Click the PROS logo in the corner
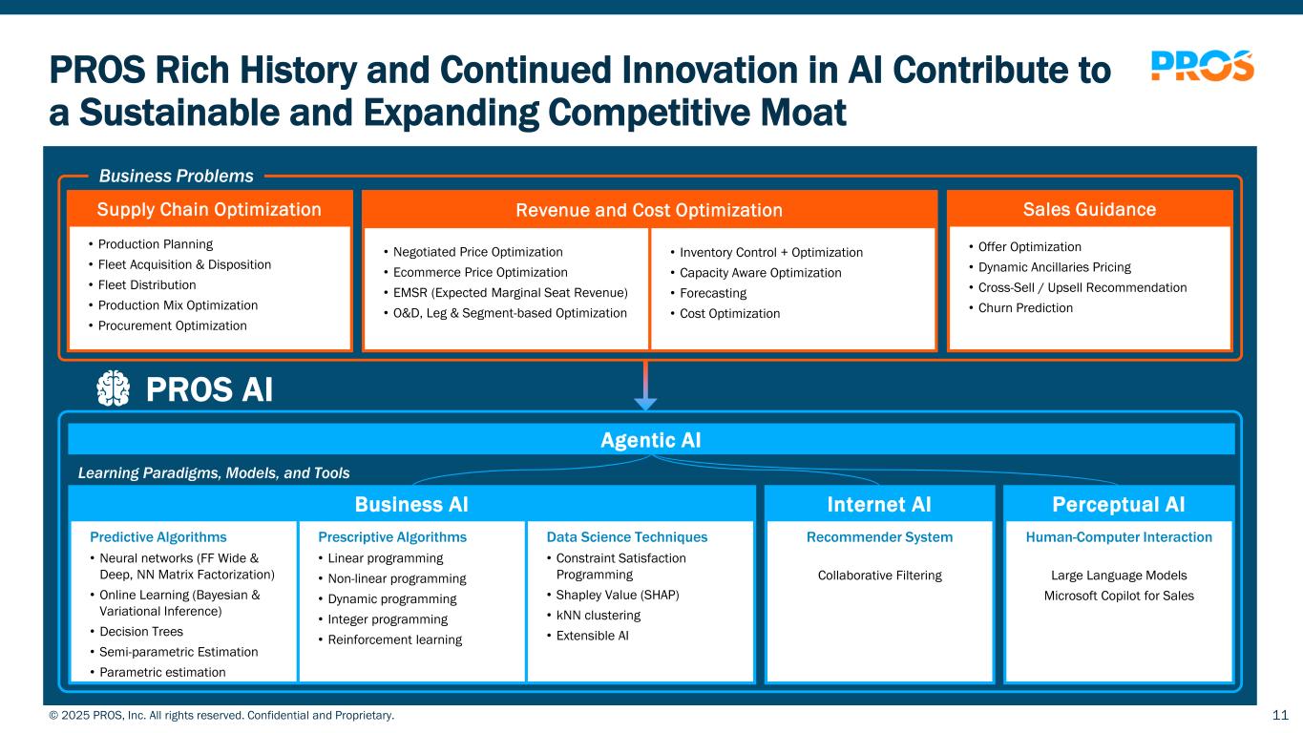[x=1202, y=66]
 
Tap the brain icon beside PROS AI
[x=114, y=388]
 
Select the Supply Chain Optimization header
[x=209, y=209]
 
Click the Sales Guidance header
[x=1089, y=209]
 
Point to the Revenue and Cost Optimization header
[x=649, y=210]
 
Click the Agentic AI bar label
[x=651, y=440]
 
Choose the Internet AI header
[x=878, y=504]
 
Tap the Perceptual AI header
[x=1119, y=504]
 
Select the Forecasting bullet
[x=714, y=293]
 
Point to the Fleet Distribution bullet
[x=147, y=285]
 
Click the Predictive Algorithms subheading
[x=158, y=537]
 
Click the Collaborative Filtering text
[x=879, y=576]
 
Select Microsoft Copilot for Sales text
[x=1119, y=596]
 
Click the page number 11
[x=1281, y=715]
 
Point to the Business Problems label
[x=177, y=176]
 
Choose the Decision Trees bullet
[x=141, y=632]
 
